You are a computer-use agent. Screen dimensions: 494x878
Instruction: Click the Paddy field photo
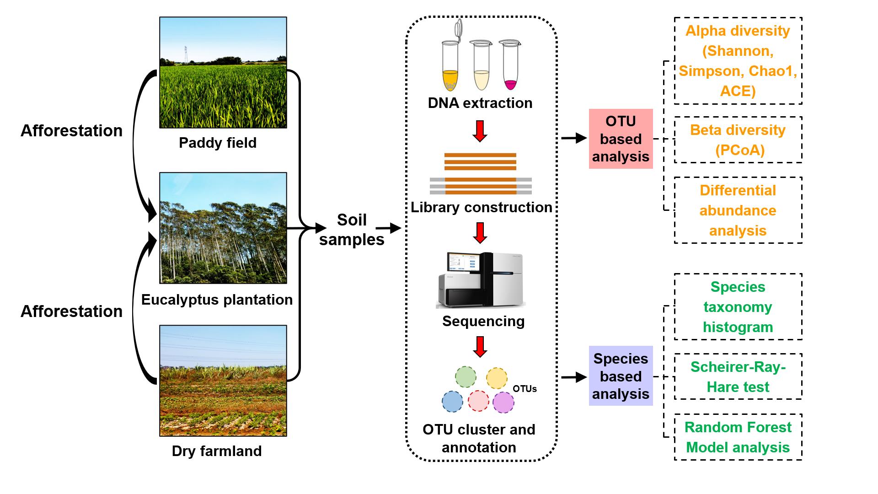pyautogui.click(x=223, y=73)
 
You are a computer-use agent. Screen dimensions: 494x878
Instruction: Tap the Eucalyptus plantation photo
pyautogui.click(x=223, y=228)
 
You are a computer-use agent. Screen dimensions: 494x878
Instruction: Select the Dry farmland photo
pyautogui.click(x=223, y=381)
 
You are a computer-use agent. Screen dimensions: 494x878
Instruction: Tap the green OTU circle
pyautogui.click(x=466, y=377)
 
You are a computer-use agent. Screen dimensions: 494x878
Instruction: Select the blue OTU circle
pyautogui.click(x=452, y=402)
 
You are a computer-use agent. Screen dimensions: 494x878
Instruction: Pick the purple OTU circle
pyautogui.click(x=503, y=403)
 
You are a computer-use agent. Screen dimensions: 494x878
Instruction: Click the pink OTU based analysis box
pyautogui.click(x=621, y=139)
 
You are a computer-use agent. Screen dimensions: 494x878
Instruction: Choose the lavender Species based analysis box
pyautogui.click(x=621, y=376)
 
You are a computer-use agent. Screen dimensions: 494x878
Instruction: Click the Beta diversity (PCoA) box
pyautogui.click(x=738, y=140)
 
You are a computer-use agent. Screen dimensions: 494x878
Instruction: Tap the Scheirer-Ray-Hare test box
pyautogui.click(x=738, y=377)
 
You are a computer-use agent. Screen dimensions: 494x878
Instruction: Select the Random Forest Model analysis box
pyautogui.click(x=738, y=437)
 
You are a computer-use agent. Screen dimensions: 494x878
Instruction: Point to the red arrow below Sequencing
pyautogui.click(x=480, y=347)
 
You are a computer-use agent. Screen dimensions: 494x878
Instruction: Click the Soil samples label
pyautogui.click(x=352, y=230)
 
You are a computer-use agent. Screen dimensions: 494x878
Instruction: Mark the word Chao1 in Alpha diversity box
pyautogui.click(x=778, y=71)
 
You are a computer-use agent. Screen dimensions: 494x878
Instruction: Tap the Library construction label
pyautogui.click(x=482, y=207)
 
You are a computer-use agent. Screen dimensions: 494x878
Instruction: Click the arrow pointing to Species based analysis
pyautogui.click(x=574, y=377)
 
